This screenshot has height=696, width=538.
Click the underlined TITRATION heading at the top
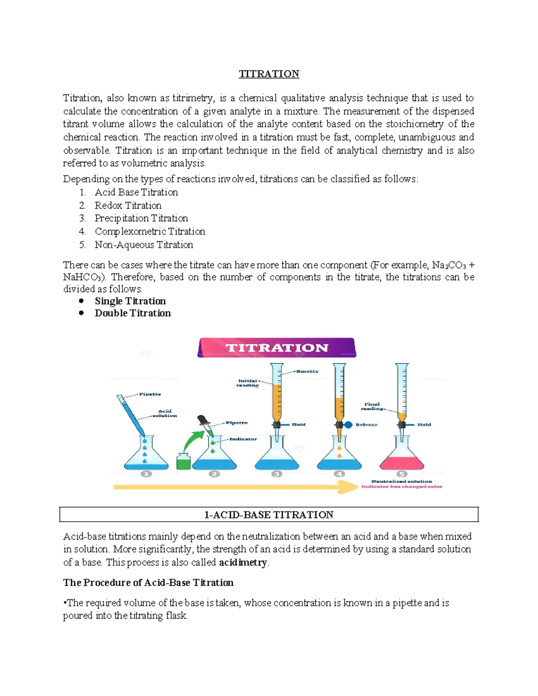coord(269,74)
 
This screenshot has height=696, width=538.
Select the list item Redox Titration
coord(128,205)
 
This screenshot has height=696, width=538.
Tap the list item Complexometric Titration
coord(150,231)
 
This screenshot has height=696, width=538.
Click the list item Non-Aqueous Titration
coord(143,245)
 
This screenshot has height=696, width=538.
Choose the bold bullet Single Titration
coord(130,301)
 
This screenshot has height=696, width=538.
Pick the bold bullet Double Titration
coord(133,313)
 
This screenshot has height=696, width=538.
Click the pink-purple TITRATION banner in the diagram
coord(277,348)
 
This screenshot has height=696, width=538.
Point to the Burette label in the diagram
coord(307,371)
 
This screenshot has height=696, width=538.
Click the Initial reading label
coord(247,383)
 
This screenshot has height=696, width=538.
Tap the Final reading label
coord(372,406)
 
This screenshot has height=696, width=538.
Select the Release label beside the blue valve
coord(366,424)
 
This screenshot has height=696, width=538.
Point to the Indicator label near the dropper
coord(243,439)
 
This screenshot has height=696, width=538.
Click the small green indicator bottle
coord(183,461)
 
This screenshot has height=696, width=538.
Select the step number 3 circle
coord(277,474)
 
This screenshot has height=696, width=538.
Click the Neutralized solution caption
coord(401,481)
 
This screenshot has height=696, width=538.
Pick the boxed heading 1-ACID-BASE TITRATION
coord(269,514)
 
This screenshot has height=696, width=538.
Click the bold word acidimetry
coord(243,562)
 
